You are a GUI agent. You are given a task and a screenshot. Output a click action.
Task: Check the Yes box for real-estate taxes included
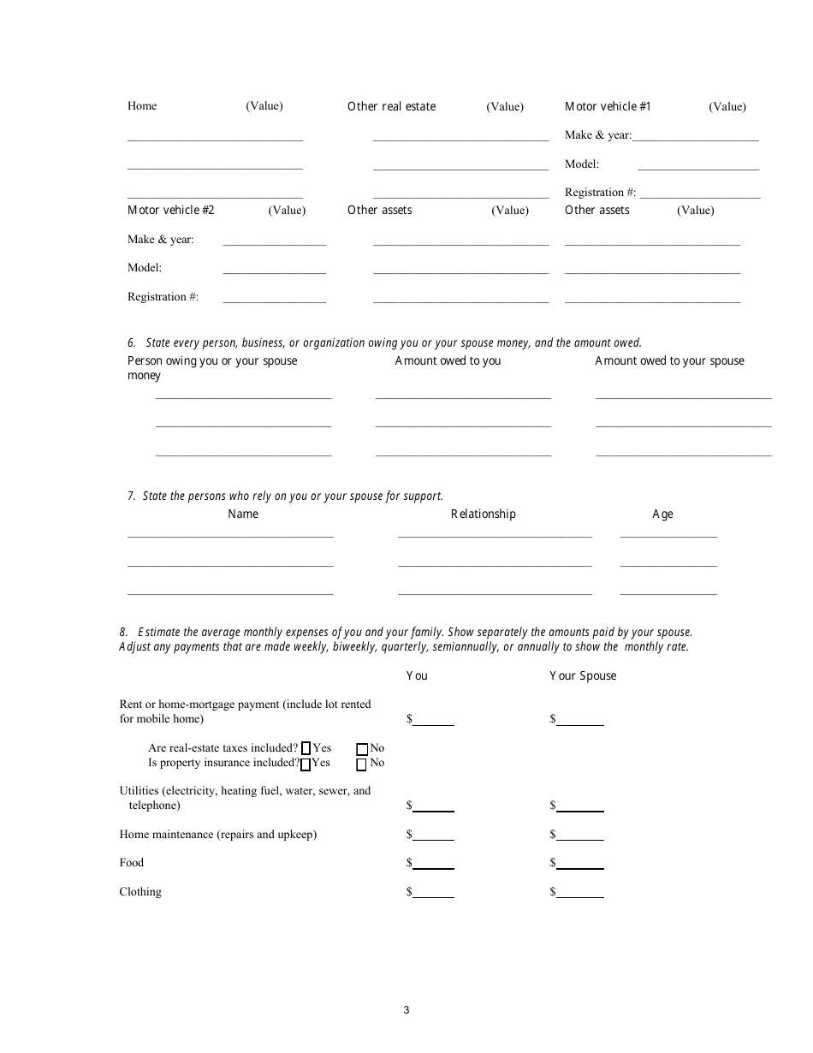click(x=306, y=748)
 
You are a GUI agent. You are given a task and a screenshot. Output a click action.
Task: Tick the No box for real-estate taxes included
click(x=361, y=749)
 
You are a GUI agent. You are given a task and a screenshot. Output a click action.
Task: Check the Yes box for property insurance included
click(x=306, y=763)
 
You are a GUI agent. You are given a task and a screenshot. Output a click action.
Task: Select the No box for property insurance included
click(x=361, y=764)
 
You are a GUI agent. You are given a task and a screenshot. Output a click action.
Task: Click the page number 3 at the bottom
click(x=406, y=1010)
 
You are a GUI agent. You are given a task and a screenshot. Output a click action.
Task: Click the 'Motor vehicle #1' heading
click(x=608, y=106)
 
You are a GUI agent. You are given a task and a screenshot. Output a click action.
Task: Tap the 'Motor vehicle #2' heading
click(x=171, y=210)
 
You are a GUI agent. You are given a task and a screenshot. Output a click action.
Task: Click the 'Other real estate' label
click(x=391, y=106)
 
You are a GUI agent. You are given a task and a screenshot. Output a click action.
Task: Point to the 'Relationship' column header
click(x=484, y=514)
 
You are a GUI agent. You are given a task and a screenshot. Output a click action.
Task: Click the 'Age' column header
click(x=662, y=514)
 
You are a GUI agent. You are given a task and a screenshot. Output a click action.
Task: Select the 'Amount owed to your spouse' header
click(x=669, y=360)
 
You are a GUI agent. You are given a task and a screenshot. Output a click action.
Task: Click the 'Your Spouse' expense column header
click(x=583, y=675)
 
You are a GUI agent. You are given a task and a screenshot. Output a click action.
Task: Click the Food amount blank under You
click(x=434, y=863)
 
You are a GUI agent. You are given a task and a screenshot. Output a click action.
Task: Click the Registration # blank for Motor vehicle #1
click(x=699, y=193)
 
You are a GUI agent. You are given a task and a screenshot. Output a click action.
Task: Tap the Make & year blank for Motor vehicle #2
click(x=274, y=240)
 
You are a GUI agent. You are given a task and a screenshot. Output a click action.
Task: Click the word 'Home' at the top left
click(x=142, y=106)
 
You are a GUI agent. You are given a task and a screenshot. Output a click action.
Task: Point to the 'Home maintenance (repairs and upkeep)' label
click(x=218, y=834)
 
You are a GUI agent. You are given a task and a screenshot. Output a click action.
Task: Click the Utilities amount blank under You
click(x=434, y=806)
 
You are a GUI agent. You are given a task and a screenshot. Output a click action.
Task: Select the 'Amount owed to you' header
click(x=448, y=360)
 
